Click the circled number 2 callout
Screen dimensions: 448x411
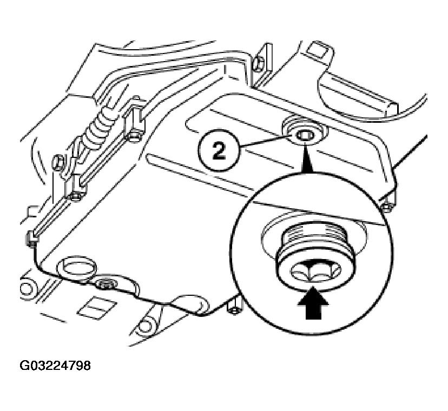[x=219, y=150]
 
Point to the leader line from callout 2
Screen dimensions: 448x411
[x=266, y=141]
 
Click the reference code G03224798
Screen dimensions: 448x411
[x=55, y=366]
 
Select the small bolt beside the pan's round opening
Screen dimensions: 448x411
[x=107, y=283]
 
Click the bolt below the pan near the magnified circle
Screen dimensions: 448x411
[x=234, y=308]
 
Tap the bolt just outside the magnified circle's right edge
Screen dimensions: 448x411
[x=388, y=207]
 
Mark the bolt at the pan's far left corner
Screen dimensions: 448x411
[x=32, y=238]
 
